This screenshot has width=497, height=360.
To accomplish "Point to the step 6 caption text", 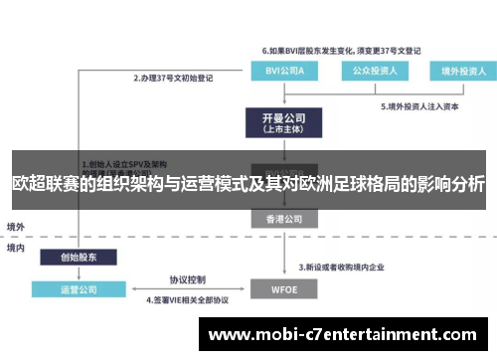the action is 341,49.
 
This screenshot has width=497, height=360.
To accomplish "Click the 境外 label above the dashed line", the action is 16,227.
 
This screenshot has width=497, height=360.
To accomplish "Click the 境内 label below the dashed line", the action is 16,248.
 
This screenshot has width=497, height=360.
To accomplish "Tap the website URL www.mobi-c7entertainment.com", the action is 342,334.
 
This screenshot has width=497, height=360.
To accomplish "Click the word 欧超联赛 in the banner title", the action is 45,185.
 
